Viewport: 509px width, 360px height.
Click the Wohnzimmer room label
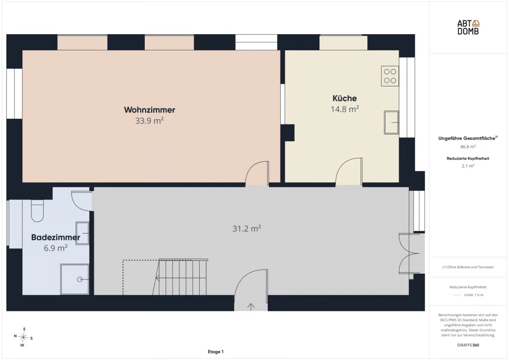click(149, 110)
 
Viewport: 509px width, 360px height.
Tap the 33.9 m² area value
click(149, 121)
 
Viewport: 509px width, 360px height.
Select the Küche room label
click(344, 98)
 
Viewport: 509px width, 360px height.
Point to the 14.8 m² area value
click(344, 109)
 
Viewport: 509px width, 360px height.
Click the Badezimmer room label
click(55, 237)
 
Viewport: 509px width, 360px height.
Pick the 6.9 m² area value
click(55, 248)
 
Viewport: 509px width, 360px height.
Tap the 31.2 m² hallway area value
click(246, 229)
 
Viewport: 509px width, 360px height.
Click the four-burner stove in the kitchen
click(390, 76)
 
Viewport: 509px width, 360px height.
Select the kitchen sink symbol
click(391, 122)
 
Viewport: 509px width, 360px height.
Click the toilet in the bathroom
click(37, 211)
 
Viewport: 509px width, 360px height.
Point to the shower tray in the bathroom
click(75, 279)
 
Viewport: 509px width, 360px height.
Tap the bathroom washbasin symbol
click(82, 233)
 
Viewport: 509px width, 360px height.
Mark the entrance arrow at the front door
click(251, 306)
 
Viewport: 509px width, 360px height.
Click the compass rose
click(23, 337)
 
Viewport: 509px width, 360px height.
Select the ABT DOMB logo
click(468, 27)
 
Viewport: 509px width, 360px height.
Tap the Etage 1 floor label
click(215, 351)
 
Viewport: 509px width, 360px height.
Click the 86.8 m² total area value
click(468, 147)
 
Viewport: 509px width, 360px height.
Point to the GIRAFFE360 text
click(468, 345)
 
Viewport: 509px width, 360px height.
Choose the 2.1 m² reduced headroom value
click(468, 166)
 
